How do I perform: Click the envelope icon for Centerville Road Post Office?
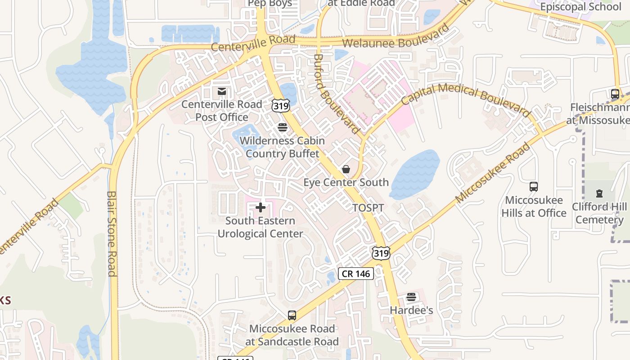pyautogui.click(x=221, y=92)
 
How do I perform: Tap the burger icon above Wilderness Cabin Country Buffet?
pyautogui.click(x=282, y=127)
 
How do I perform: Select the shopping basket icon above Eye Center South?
pyautogui.click(x=346, y=169)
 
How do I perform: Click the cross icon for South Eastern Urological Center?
pyautogui.click(x=261, y=207)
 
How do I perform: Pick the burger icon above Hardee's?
pyautogui.click(x=411, y=297)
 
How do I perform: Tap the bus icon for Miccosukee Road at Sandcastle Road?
pyautogui.click(x=292, y=315)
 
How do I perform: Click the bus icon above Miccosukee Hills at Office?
pyautogui.click(x=534, y=186)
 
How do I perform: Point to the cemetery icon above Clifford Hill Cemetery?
pyautogui.click(x=599, y=193)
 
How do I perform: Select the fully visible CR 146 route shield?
pyautogui.click(x=356, y=273)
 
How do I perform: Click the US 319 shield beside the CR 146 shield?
pyautogui.click(x=381, y=253)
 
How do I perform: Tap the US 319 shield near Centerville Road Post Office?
pyautogui.click(x=280, y=105)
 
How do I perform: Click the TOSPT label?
pyautogui.click(x=368, y=208)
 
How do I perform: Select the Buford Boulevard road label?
pyautogui.click(x=337, y=94)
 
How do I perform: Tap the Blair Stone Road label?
pyautogui.click(x=112, y=234)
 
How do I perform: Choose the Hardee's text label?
pyautogui.click(x=411, y=310)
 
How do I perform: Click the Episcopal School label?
pyautogui.click(x=580, y=7)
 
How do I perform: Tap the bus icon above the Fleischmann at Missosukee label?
pyautogui.click(x=615, y=94)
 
